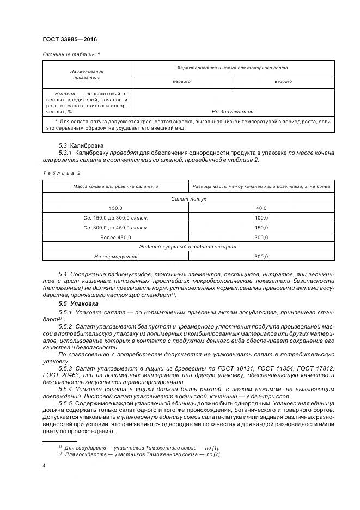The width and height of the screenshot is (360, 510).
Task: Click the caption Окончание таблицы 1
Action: pos(71,54)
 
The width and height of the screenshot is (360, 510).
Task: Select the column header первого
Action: pos(181,81)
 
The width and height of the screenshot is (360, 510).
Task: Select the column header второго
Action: pos(283,81)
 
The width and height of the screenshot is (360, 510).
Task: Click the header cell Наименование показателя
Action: pos(87,75)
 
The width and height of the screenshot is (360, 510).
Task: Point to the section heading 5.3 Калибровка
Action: pos(81,145)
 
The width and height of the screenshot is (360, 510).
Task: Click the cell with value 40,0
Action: pos(261,208)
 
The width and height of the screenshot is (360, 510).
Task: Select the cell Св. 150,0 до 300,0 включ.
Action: pos(115,218)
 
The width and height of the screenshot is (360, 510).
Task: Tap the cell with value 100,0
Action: pos(261,218)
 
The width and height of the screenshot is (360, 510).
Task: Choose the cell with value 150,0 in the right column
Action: pos(261,227)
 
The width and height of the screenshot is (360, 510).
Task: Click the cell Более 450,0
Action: pos(115,237)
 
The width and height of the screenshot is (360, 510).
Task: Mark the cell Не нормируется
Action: pos(115,256)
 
